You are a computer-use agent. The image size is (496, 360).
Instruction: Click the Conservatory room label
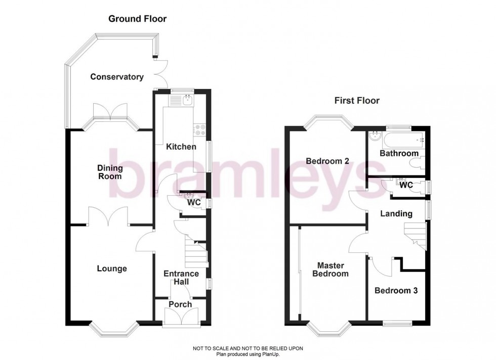(x=116, y=77)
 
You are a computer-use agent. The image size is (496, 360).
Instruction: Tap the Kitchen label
(x=182, y=147)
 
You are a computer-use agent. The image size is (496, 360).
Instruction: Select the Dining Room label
(x=110, y=172)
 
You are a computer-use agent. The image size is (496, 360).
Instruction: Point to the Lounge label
(x=112, y=268)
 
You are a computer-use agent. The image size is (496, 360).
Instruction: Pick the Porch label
(x=180, y=304)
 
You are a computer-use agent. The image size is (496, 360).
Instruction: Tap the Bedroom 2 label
(x=327, y=161)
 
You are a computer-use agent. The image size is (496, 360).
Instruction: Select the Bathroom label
(x=399, y=153)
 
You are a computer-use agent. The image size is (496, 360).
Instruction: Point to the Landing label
(x=396, y=214)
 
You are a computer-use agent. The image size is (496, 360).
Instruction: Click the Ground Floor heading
(x=137, y=19)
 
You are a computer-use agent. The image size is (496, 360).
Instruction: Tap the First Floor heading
(x=357, y=101)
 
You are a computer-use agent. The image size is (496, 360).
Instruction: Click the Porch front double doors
(x=180, y=317)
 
